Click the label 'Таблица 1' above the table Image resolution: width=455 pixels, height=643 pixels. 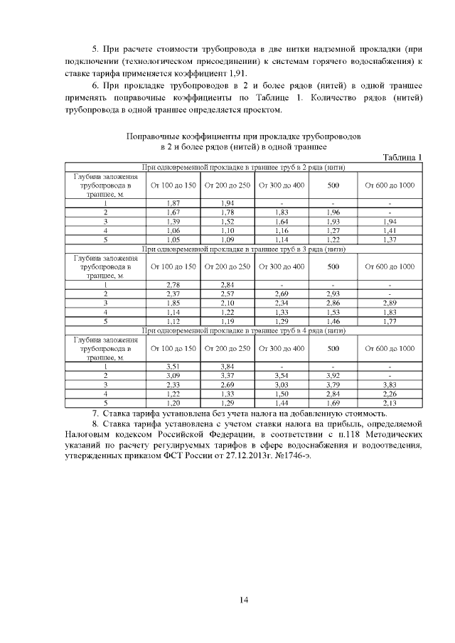pos(402,157)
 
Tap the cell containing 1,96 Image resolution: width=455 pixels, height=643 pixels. pos(333,212)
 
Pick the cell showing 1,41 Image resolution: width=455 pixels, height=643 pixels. pos(389,231)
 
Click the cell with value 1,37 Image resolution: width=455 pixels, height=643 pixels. pos(389,240)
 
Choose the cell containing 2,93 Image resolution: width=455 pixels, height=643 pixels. pos(333,293)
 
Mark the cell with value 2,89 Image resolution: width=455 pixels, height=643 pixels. pos(389,303)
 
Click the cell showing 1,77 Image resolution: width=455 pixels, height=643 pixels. pos(389,321)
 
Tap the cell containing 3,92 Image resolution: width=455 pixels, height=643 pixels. pos(333,376)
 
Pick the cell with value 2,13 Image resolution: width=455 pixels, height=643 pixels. pos(389,404)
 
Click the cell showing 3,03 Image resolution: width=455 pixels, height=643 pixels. pos(282,385)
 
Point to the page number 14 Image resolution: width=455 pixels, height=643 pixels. pos(244,600)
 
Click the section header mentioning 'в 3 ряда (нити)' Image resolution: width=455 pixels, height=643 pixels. pos(244,249)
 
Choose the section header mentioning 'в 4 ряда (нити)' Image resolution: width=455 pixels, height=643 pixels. pos(244,330)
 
